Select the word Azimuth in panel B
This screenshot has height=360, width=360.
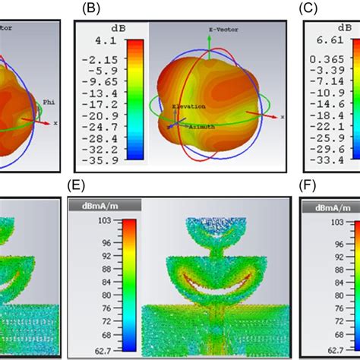tap(197, 126)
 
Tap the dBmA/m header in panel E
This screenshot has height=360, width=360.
tap(90, 204)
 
